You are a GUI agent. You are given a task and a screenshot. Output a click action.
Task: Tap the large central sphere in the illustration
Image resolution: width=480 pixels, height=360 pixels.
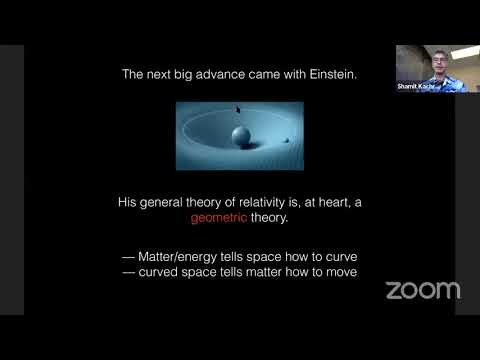(x=240, y=135)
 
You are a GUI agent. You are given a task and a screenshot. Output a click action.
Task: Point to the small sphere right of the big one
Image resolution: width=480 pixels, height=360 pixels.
(x=287, y=139)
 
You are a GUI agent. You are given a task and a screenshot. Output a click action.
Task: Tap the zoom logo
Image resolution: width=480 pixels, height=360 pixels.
(x=423, y=290)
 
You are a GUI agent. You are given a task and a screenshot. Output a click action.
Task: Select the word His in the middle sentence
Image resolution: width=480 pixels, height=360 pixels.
(x=127, y=201)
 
